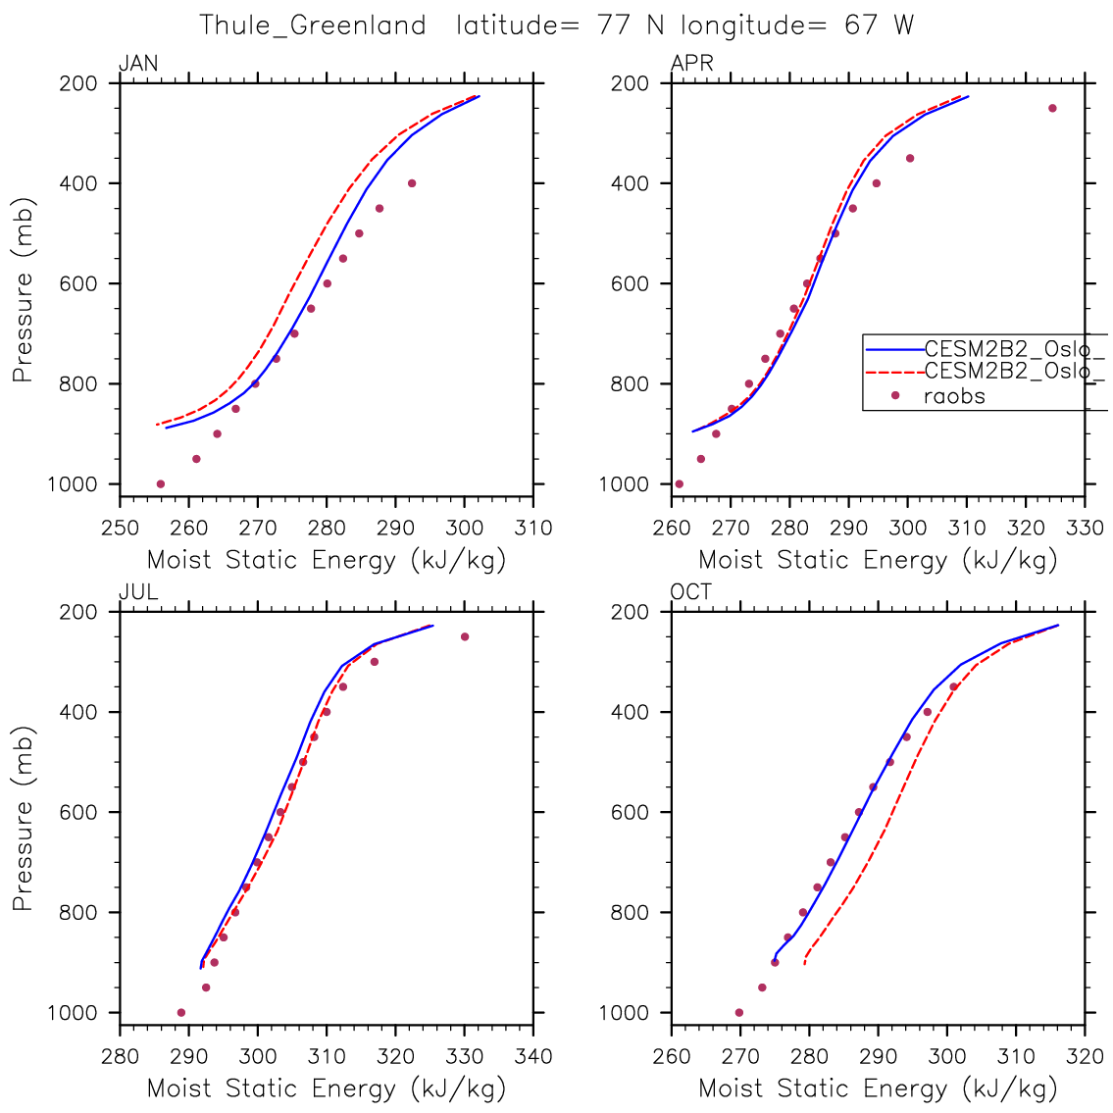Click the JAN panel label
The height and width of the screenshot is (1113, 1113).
tap(138, 65)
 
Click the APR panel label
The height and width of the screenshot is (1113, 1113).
tap(691, 65)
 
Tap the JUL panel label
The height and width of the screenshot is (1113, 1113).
tap(138, 593)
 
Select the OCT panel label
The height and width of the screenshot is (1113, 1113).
tap(691, 593)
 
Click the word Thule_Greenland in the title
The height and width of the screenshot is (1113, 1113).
tap(313, 25)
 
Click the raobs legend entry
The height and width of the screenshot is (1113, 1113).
tap(954, 396)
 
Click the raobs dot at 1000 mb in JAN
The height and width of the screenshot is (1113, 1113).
tap(161, 483)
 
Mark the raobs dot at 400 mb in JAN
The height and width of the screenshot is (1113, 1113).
tap(412, 183)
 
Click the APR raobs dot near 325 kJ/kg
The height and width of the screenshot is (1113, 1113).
tap(1052, 108)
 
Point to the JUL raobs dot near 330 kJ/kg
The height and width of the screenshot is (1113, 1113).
tap(465, 636)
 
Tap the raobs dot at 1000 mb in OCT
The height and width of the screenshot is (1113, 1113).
tap(739, 1012)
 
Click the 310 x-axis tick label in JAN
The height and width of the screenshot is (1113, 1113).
tap(532, 529)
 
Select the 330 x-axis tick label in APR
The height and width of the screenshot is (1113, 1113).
tap(1085, 529)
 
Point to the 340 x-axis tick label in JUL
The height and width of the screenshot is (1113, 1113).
tap(532, 1057)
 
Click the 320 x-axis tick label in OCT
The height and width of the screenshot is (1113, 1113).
tap(1085, 1057)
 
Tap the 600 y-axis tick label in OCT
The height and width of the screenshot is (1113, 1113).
tap(630, 812)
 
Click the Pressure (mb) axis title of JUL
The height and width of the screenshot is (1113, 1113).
tap(23, 819)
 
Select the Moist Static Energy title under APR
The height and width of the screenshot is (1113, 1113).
tap(878, 561)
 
